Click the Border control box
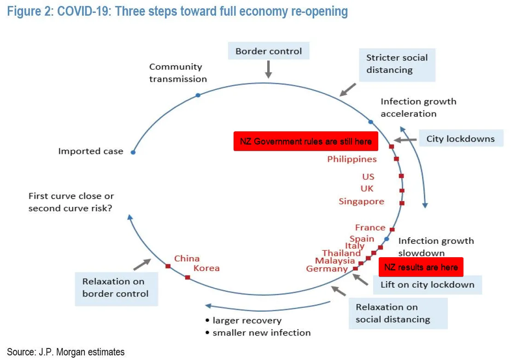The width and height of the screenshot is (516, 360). pyautogui.click(x=269, y=51)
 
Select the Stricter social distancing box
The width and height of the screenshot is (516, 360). pyautogui.click(x=397, y=64)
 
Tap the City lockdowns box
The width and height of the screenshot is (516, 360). pyautogui.click(x=461, y=138)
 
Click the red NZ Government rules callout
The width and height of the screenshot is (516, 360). pyautogui.click(x=306, y=142)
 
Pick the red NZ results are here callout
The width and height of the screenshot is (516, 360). pyautogui.click(x=421, y=267)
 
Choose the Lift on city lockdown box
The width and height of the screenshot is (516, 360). pyautogui.click(x=427, y=284)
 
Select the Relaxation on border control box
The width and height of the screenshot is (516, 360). pyautogui.click(x=116, y=288)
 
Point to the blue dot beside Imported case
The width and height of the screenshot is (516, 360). pyautogui.click(x=133, y=152)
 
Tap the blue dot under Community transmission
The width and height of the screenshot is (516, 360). pyautogui.click(x=198, y=95)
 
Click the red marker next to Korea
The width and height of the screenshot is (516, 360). pyautogui.click(x=188, y=277)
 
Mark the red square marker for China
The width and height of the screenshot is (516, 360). pyautogui.click(x=168, y=266)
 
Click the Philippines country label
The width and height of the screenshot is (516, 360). pyautogui.click(x=352, y=159)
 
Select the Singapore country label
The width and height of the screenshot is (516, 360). pyautogui.click(x=361, y=201)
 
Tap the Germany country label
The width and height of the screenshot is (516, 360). pyautogui.click(x=327, y=269)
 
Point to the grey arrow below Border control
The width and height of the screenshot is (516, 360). pyautogui.click(x=269, y=69)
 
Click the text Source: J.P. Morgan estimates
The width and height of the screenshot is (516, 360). pyautogui.click(x=65, y=352)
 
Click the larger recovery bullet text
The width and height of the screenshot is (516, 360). pyautogui.click(x=246, y=320)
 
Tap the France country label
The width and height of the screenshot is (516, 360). pyautogui.click(x=370, y=228)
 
